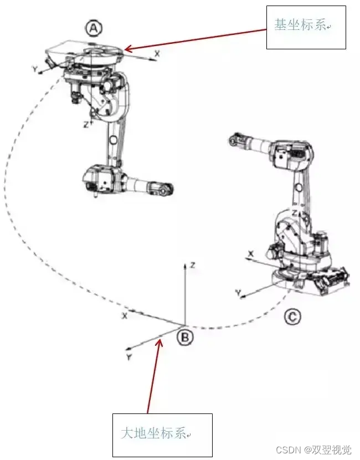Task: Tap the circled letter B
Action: (x=185, y=337)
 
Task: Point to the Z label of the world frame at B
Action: (x=192, y=265)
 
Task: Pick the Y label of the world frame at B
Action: (x=128, y=357)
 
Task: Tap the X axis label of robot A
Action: (x=157, y=54)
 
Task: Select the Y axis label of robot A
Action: (x=35, y=70)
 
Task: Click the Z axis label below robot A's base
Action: (x=86, y=125)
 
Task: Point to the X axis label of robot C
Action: (x=251, y=253)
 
